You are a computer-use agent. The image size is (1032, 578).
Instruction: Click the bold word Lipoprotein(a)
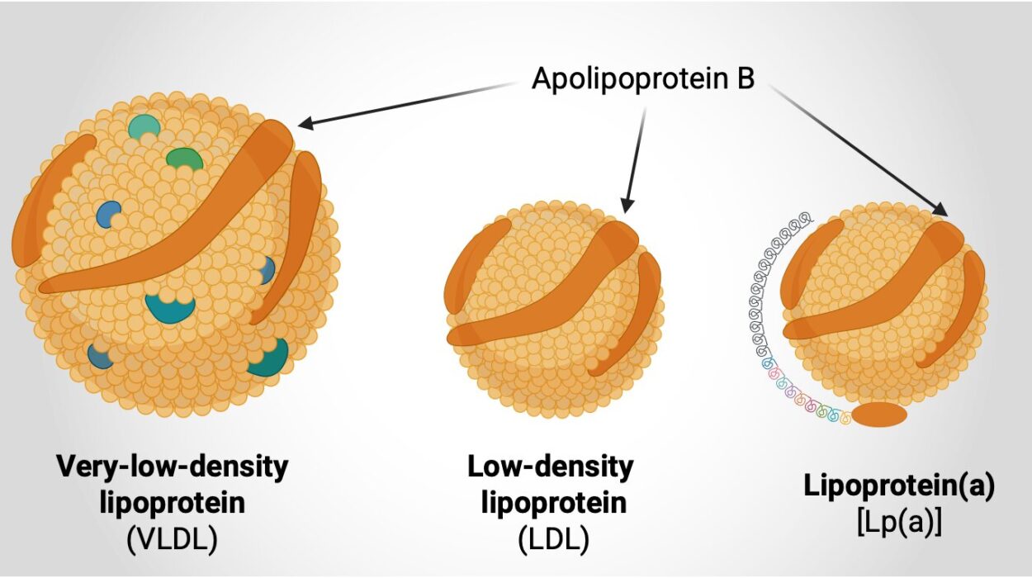click(x=899, y=486)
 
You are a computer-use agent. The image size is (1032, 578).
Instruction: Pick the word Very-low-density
click(x=173, y=467)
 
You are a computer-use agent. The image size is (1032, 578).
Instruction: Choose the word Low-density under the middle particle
click(x=551, y=467)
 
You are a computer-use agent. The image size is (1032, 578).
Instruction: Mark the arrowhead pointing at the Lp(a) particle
click(x=940, y=211)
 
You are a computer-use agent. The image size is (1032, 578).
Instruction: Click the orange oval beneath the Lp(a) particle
click(x=878, y=415)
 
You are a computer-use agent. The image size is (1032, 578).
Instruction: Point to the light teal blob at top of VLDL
click(x=144, y=126)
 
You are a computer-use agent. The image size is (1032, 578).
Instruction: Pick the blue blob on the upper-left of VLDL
click(x=108, y=214)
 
